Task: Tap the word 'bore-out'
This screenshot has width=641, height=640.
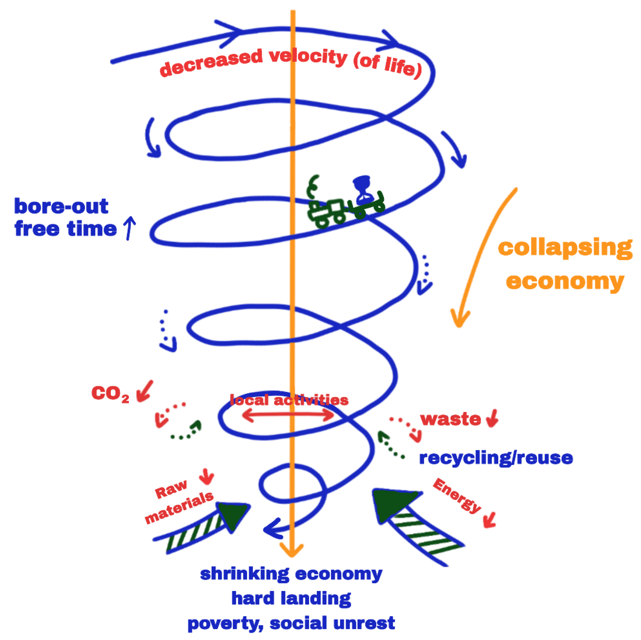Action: click(61, 206)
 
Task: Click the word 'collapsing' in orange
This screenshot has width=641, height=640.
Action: click(565, 247)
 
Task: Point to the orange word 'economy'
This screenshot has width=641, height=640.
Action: click(565, 281)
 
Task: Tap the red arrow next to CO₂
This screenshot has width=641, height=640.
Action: click(145, 391)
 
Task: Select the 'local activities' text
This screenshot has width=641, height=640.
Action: click(289, 400)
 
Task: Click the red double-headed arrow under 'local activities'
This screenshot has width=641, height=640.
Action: click(288, 415)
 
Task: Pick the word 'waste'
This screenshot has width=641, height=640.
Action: click(450, 419)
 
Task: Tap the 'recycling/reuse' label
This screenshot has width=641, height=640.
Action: click(496, 458)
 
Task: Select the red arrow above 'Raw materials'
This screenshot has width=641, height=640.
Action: click(207, 477)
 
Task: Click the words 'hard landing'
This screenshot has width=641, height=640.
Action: click(291, 599)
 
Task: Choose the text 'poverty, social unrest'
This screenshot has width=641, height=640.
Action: click(291, 623)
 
